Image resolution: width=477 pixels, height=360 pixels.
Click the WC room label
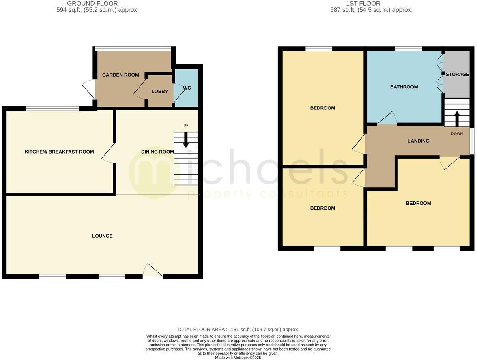click(x=187, y=88)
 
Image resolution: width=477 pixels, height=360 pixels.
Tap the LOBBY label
click(x=159, y=92)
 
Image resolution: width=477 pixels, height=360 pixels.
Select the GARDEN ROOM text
click(x=120, y=75)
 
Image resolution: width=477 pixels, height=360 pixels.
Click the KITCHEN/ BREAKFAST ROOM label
click(x=59, y=152)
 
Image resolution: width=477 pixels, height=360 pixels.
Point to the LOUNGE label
click(x=102, y=236)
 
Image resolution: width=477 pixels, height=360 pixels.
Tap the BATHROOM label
click(x=404, y=87)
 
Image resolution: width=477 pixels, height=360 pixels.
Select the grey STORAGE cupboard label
click(x=457, y=75)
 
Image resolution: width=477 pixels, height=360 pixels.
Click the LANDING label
click(x=418, y=141)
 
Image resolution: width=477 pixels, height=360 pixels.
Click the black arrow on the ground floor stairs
click(x=186, y=141)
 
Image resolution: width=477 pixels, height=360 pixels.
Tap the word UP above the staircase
click(x=186, y=126)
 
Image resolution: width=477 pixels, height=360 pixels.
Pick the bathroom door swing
click(x=387, y=118)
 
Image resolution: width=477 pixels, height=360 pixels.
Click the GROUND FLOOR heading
click(x=92, y=4)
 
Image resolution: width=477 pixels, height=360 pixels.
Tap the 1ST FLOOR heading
click(x=363, y=4)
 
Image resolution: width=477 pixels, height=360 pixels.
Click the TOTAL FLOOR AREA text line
click(x=238, y=330)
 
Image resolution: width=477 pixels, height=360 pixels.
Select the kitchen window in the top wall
click(x=52, y=108)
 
